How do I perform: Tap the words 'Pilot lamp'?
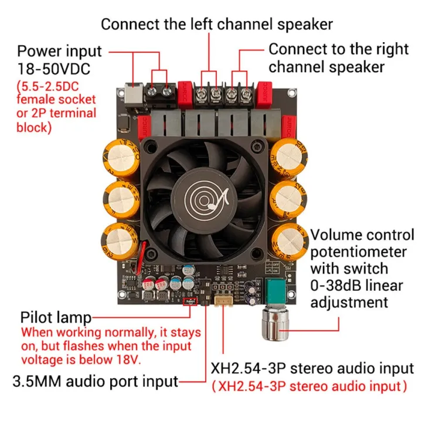pos(56,317)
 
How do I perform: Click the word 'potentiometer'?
pos(358,252)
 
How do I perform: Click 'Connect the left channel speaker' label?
pos(217,24)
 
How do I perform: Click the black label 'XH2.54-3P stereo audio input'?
pos(312,369)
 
